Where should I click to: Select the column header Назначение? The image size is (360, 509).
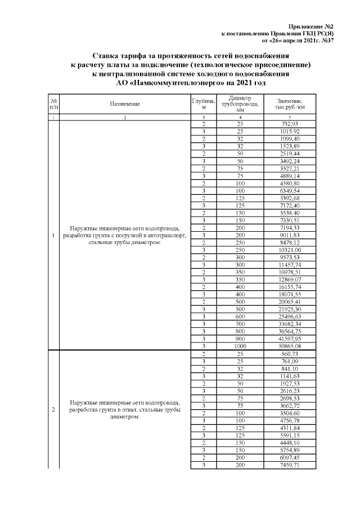point(125,104)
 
